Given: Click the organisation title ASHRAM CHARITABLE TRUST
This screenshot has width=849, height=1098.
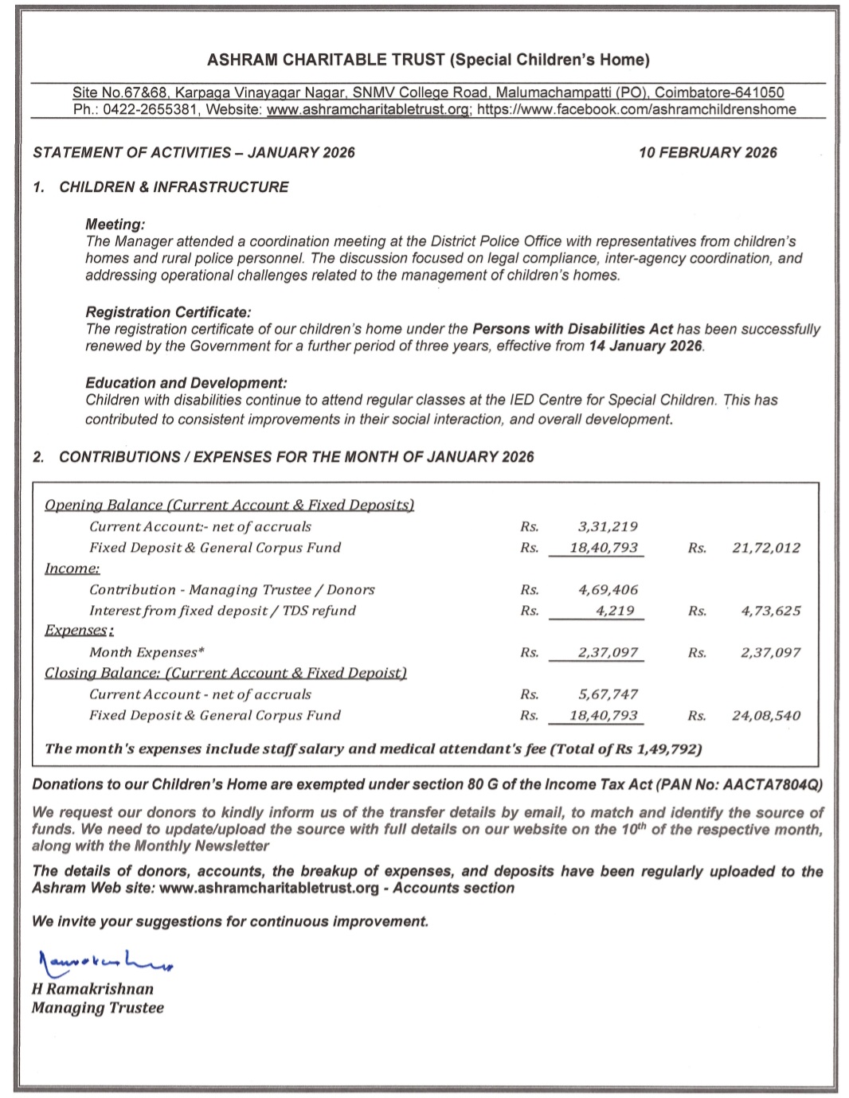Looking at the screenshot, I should click(x=327, y=60).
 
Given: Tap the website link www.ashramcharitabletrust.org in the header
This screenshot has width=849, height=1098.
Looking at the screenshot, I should click(x=368, y=110).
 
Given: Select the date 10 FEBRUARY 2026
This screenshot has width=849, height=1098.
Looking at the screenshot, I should click(x=707, y=153).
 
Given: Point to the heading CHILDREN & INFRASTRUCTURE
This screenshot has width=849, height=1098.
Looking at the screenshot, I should click(x=174, y=187).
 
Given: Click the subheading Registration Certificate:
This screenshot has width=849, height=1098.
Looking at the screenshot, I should click(x=168, y=312).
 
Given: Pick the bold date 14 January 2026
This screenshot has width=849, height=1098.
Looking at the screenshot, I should click(x=645, y=346).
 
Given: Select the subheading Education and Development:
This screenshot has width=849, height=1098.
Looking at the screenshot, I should click(x=186, y=383).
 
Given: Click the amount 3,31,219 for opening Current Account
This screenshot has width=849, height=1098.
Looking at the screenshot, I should click(x=608, y=527).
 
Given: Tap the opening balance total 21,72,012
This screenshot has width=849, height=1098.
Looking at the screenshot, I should click(x=766, y=548).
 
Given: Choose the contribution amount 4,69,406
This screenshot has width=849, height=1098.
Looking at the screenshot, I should click(x=608, y=590).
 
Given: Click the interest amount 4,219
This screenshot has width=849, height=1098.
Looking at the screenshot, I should click(x=615, y=611).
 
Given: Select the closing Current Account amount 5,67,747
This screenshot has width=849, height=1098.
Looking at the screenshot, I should click(x=608, y=694).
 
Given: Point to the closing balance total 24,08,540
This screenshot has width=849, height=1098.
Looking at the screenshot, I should click(x=766, y=716).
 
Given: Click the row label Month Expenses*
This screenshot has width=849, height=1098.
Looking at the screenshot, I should click(x=147, y=653).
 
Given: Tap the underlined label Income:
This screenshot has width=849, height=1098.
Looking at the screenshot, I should click(x=72, y=569).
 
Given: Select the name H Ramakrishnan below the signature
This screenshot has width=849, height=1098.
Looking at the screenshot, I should click(x=92, y=989).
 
